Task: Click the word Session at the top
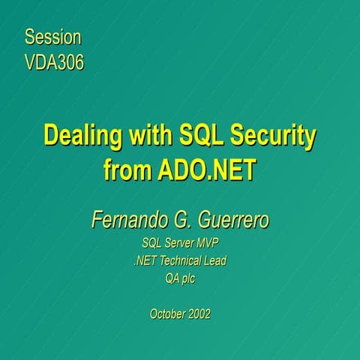tap(52, 37)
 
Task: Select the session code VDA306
tap(54, 61)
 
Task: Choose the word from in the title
tap(127, 170)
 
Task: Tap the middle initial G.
tap(181, 220)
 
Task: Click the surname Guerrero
tap(231, 220)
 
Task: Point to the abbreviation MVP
tap(212, 243)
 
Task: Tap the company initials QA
tap(173, 279)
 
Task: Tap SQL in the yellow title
tap(199, 136)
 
